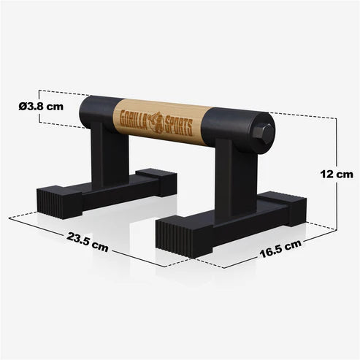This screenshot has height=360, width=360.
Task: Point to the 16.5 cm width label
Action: (279, 250)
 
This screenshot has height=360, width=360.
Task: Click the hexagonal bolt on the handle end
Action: (264, 134)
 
